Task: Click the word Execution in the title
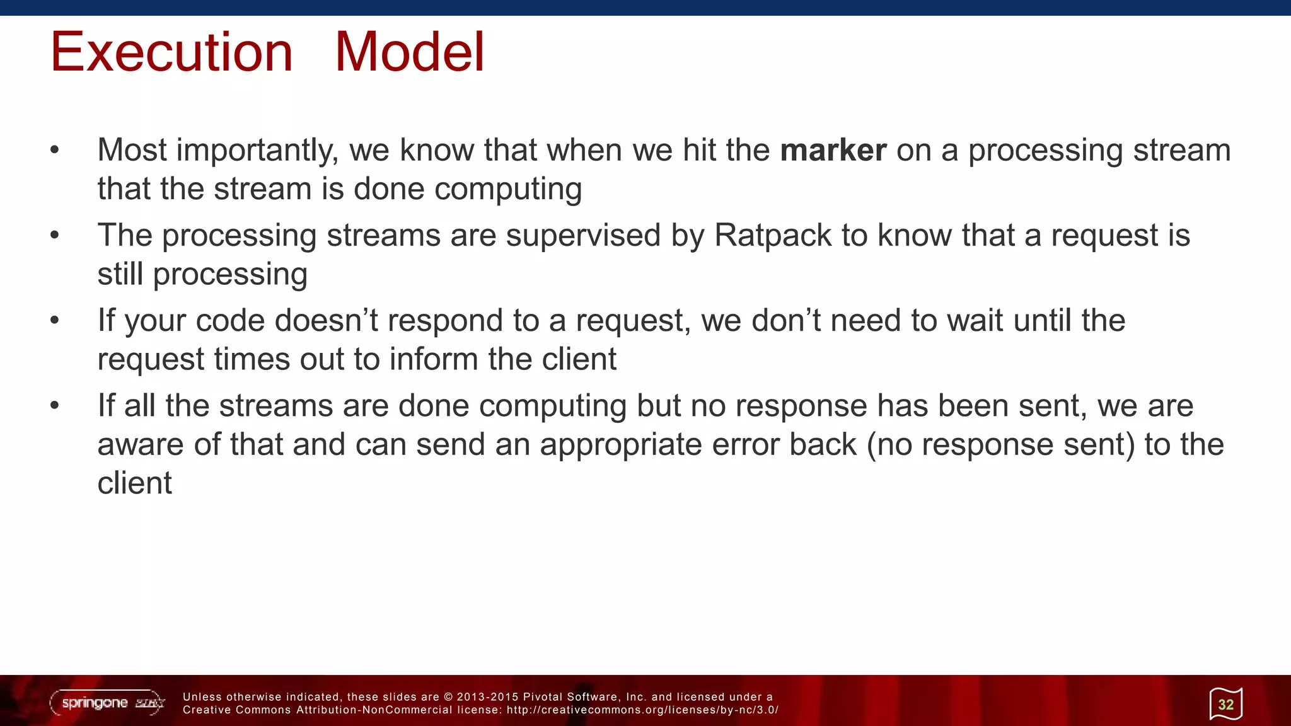[171, 52]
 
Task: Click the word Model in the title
[409, 52]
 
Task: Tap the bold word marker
[833, 151]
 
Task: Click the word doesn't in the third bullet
[325, 320]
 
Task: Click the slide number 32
[1225, 704]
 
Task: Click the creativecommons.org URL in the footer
[642, 710]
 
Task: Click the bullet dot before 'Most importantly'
[55, 151]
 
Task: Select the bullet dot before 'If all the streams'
[55, 406]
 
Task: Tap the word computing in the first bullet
[507, 190]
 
